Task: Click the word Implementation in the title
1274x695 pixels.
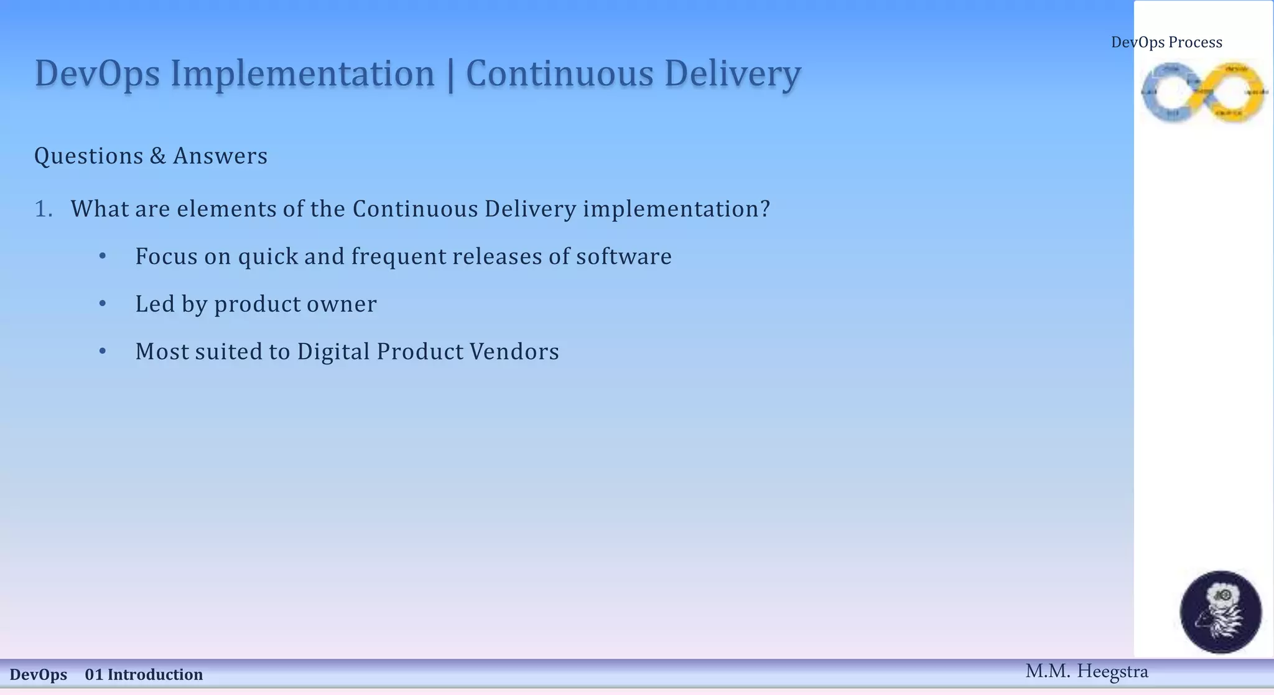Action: [x=302, y=74]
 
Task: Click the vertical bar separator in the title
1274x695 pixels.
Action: [x=450, y=75]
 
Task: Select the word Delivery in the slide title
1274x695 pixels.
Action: [x=732, y=74]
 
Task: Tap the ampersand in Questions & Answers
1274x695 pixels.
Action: [x=158, y=156]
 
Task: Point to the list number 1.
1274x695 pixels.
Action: [x=43, y=209]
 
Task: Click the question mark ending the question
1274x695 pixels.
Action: [x=765, y=209]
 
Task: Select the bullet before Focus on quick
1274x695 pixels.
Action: [x=103, y=256]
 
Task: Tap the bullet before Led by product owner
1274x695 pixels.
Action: [x=103, y=304]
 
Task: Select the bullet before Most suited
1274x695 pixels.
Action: [x=103, y=352]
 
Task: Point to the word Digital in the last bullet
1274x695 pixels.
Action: [x=333, y=352]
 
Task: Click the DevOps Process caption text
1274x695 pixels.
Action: [x=1166, y=42]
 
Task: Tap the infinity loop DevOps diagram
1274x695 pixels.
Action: [x=1204, y=92]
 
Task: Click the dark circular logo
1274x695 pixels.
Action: [x=1221, y=612]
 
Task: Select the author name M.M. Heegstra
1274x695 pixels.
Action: [x=1086, y=671]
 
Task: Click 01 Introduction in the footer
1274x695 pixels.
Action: [x=144, y=674]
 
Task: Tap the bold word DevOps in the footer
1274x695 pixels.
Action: [x=39, y=674]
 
